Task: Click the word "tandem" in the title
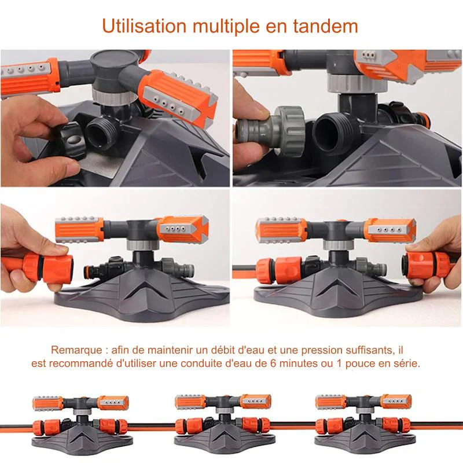pos(325,26)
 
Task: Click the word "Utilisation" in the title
pos(144,26)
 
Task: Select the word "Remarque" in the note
pos(76,351)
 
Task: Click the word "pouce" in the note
pos(360,364)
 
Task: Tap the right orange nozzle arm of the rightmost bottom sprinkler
pos(396,401)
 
